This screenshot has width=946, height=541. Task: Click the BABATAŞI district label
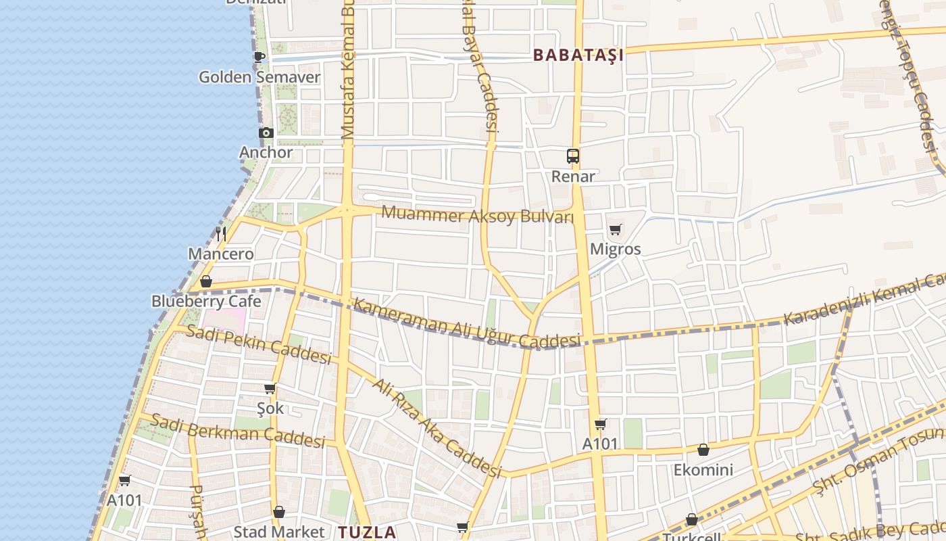pyautogui.click(x=578, y=55)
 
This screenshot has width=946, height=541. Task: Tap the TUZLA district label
pyautogui.click(x=367, y=532)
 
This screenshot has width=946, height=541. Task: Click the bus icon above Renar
pyautogui.click(x=573, y=156)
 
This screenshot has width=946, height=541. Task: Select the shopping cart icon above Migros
pyautogui.click(x=615, y=230)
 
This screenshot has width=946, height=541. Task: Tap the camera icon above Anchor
pyautogui.click(x=266, y=133)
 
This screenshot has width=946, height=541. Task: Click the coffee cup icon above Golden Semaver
pyautogui.click(x=259, y=57)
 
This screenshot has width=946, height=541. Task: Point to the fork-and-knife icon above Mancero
pyautogui.click(x=221, y=235)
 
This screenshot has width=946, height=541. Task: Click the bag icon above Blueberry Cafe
pyautogui.click(x=206, y=281)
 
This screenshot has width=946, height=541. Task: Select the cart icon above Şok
pyautogui.click(x=270, y=388)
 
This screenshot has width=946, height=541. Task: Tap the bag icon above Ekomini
pyautogui.click(x=703, y=450)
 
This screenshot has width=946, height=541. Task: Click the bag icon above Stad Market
pyautogui.click(x=279, y=513)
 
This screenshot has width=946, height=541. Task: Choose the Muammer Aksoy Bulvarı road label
pyautogui.click(x=477, y=216)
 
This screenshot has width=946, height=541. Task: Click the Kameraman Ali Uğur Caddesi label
pyautogui.click(x=467, y=324)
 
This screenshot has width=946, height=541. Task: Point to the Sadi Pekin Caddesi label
pyautogui.click(x=258, y=344)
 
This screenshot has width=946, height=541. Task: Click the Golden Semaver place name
pyautogui.click(x=259, y=77)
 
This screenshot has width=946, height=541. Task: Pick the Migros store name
pyautogui.click(x=615, y=249)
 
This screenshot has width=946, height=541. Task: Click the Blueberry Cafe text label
pyautogui.click(x=206, y=301)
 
